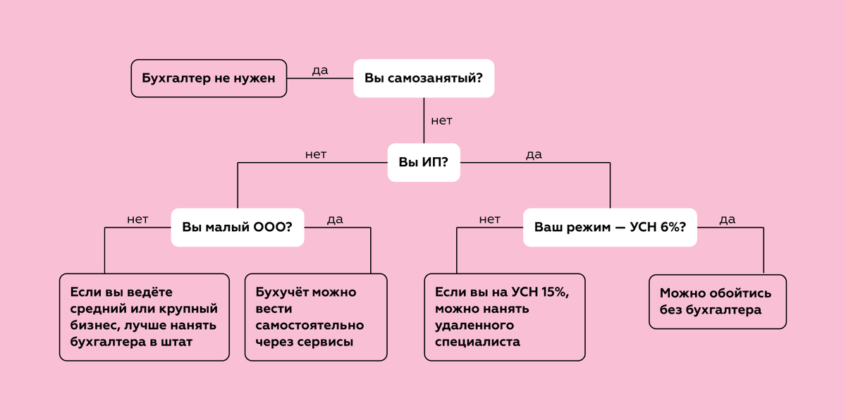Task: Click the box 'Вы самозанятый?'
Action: tap(423, 78)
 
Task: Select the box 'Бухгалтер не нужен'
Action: tap(209, 78)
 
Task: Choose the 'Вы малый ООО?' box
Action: tap(238, 227)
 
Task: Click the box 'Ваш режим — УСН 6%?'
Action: tap(610, 227)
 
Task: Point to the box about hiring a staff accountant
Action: tap(144, 317)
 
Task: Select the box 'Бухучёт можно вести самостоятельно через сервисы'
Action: tap(315, 317)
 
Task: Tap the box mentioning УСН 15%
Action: tap(505, 317)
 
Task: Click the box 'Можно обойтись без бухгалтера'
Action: tap(717, 302)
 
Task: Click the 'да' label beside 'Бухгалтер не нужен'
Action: tap(319, 70)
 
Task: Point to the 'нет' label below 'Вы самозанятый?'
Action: tap(441, 121)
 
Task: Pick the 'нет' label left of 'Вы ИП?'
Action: tap(316, 154)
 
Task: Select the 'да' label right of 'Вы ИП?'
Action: tap(534, 154)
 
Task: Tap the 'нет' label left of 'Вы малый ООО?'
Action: tap(137, 219)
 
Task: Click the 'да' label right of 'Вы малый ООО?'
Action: tap(335, 219)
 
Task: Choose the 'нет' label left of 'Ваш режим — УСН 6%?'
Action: tap(489, 219)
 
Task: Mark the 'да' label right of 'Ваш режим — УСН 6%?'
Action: tap(727, 219)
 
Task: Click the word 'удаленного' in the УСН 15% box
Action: tap(474, 326)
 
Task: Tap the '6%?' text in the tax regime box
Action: tap(673, 227)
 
